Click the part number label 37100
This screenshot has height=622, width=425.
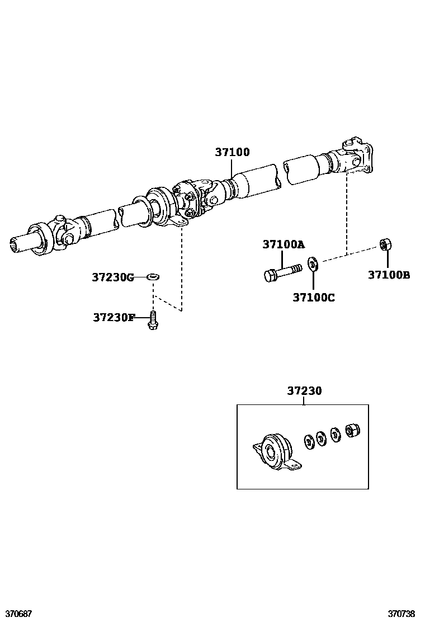coord(232,152)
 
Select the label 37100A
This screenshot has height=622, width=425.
coord(284,244)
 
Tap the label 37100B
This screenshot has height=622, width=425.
coord(389,275)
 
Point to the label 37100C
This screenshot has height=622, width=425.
coord(313,298)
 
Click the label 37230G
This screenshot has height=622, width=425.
coord(113,277)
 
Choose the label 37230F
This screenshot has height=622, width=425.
coord(114,317)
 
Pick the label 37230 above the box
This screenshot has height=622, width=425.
coord(304,391)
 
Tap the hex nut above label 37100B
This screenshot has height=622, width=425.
coord(385,244)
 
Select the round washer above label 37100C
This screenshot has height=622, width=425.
coord(313,262)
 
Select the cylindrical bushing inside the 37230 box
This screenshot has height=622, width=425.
coord(352,430)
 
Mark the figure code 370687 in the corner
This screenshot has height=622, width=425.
coord(16,614)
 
